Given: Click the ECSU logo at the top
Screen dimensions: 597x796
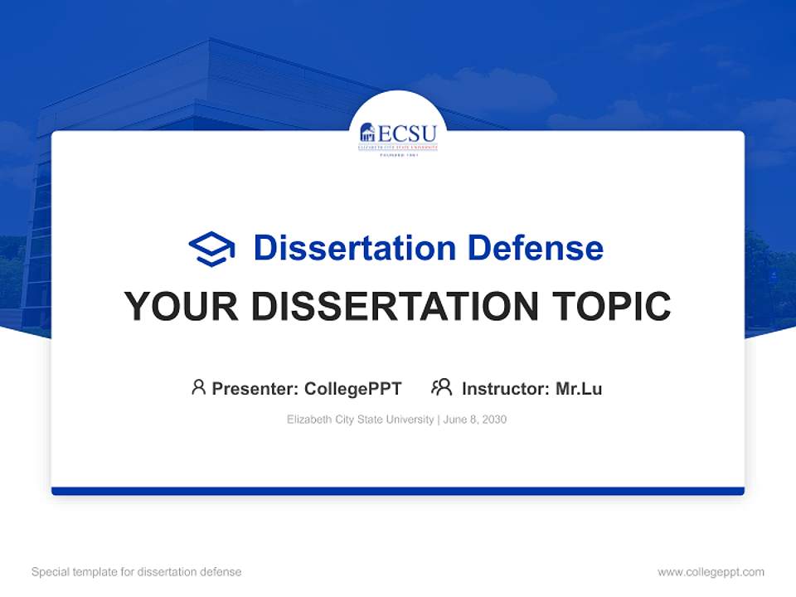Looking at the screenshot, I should [x=398, y=138].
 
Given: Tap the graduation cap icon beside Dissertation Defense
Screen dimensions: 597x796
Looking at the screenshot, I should [x=211, y=248].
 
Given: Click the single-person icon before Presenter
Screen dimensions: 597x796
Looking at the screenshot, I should [x=198, y=387].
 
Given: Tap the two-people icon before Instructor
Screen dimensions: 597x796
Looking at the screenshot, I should [x=442, y=387].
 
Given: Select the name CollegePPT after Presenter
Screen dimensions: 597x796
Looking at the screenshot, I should [x=353, y=389].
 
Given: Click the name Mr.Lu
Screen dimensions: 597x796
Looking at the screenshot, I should [x=579, y=389].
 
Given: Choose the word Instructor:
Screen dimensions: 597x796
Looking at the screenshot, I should [x=506, y=389].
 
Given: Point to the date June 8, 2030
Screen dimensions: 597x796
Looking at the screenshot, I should [x=475, y=420].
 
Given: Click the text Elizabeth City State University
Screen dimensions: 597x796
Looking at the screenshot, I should [x=360, y=420].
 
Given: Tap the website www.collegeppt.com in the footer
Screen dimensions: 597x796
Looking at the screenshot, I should [x=711, y=572].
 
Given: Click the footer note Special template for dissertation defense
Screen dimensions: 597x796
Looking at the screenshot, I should [x=137, y=572].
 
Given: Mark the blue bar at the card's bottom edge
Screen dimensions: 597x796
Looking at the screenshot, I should [x=398, y=491].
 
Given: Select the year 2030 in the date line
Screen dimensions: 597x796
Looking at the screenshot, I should [x=494, y=420].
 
